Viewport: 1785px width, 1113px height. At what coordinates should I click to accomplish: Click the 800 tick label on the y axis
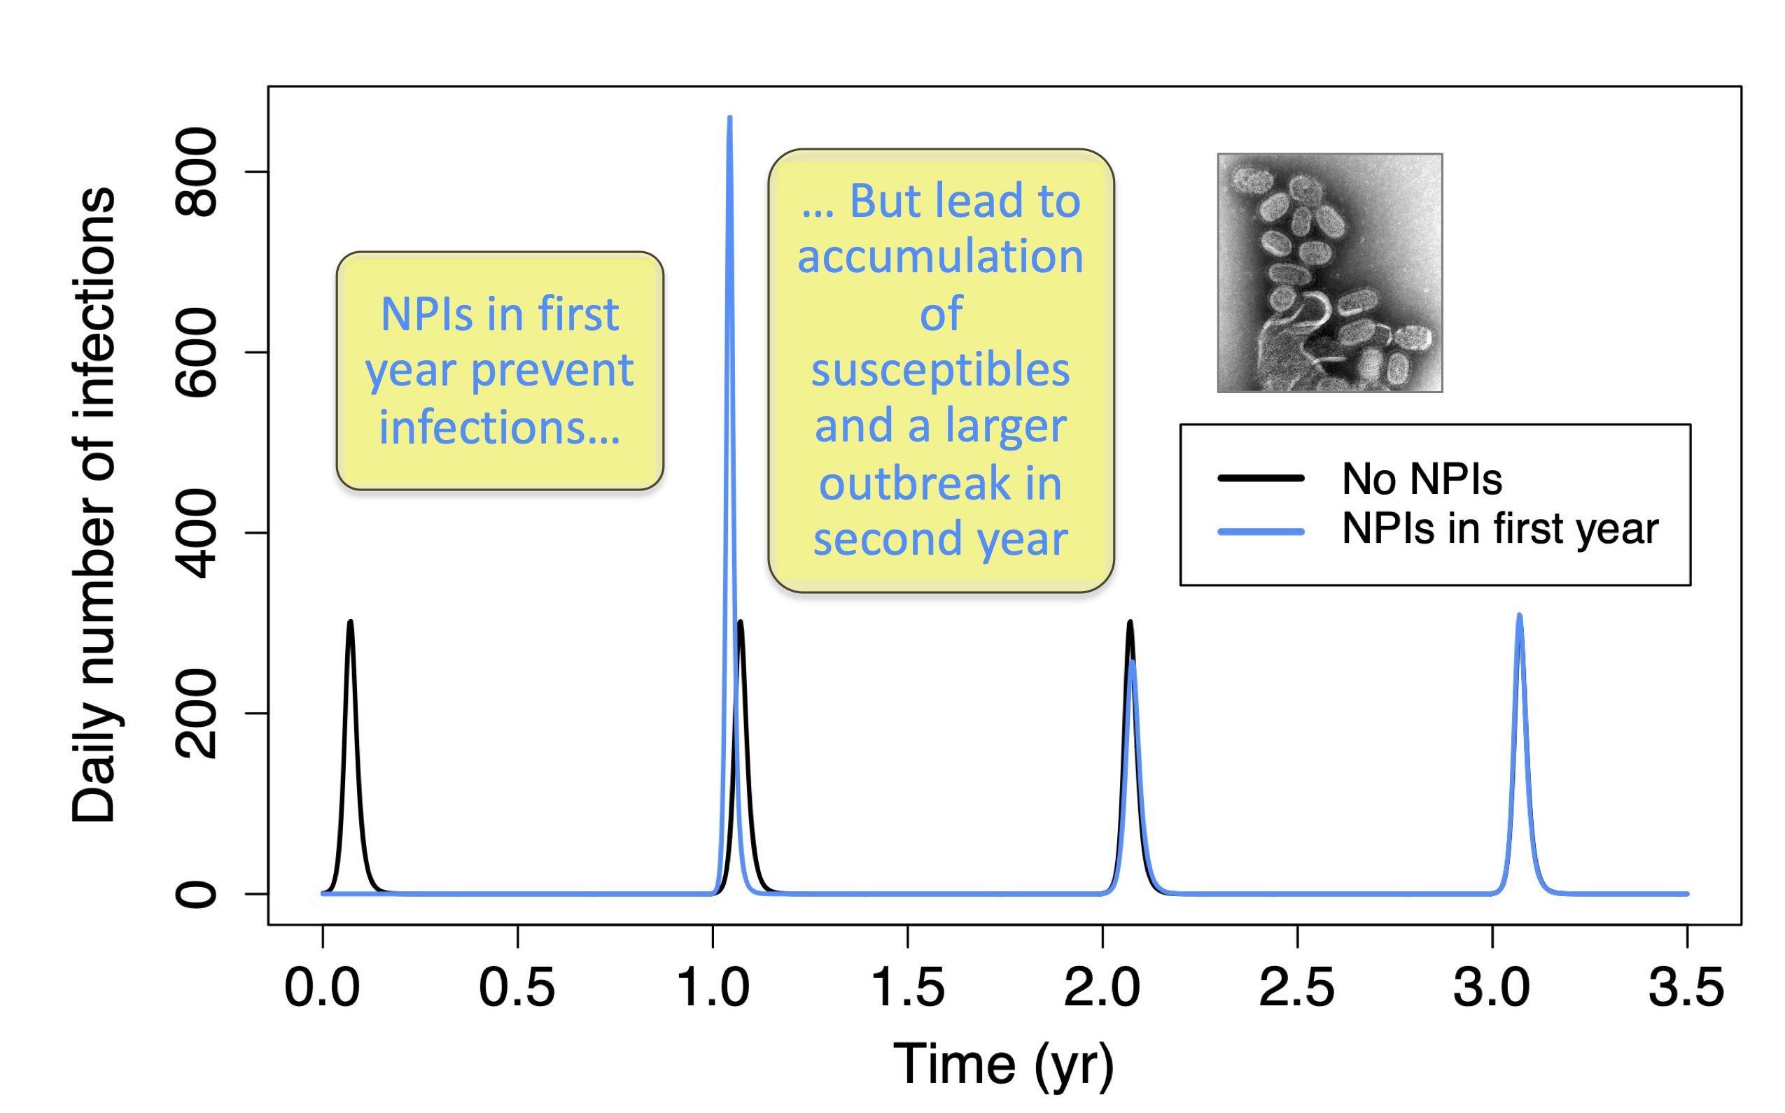tap(195, 172)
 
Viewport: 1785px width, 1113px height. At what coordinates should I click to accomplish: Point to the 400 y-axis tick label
tap(195, 533)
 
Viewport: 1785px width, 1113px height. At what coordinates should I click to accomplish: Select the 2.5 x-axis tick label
tap(1297, 988)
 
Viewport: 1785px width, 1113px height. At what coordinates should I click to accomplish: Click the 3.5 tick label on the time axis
tap(1686, 988)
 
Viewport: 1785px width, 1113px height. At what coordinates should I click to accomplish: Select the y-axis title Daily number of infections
tap(94, 505)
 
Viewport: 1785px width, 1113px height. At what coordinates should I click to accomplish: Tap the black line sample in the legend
tap(1261, 478)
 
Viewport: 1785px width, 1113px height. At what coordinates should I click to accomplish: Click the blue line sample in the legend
tap(1261, 532)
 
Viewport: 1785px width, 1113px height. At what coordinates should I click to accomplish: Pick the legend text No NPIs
tap(1421, 479)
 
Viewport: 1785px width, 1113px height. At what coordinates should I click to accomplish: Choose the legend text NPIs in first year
tap(1499, 529)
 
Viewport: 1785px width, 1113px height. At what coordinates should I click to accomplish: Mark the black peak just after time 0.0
tap(351, 622)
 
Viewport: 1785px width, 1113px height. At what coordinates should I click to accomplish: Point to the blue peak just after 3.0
tap(1519, 616)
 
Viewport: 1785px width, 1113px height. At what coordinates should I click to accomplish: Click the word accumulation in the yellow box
tap(940, 257)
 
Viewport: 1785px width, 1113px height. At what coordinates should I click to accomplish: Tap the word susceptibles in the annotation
tap(940, 370)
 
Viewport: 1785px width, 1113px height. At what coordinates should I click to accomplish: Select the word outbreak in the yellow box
tap(914, 483)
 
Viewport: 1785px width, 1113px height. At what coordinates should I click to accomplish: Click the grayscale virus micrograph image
tap(1329, 273)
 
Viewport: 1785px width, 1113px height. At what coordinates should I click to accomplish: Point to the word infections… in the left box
tap(499, 427)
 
